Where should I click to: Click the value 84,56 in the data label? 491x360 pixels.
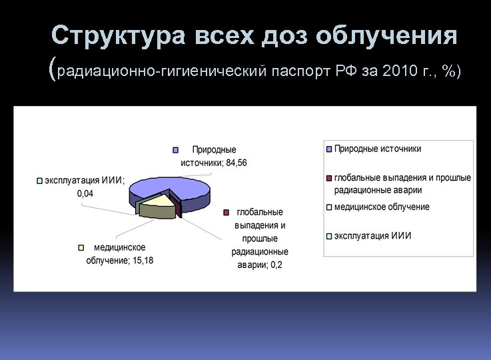point(237,163)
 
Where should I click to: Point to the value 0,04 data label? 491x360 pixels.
point(85,193)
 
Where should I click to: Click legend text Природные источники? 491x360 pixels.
point(378,149)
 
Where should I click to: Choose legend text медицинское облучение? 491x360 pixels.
point(382,207)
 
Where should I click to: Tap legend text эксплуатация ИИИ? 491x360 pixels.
point(372,235)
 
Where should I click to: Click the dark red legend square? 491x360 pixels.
point(329,178)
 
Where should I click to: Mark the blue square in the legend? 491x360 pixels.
point(329,149)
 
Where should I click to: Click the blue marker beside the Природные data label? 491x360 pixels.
point(176,150)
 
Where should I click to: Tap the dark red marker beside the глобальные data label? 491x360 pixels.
point(227,213)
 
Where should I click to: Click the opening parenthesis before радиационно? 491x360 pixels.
point(53,69)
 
